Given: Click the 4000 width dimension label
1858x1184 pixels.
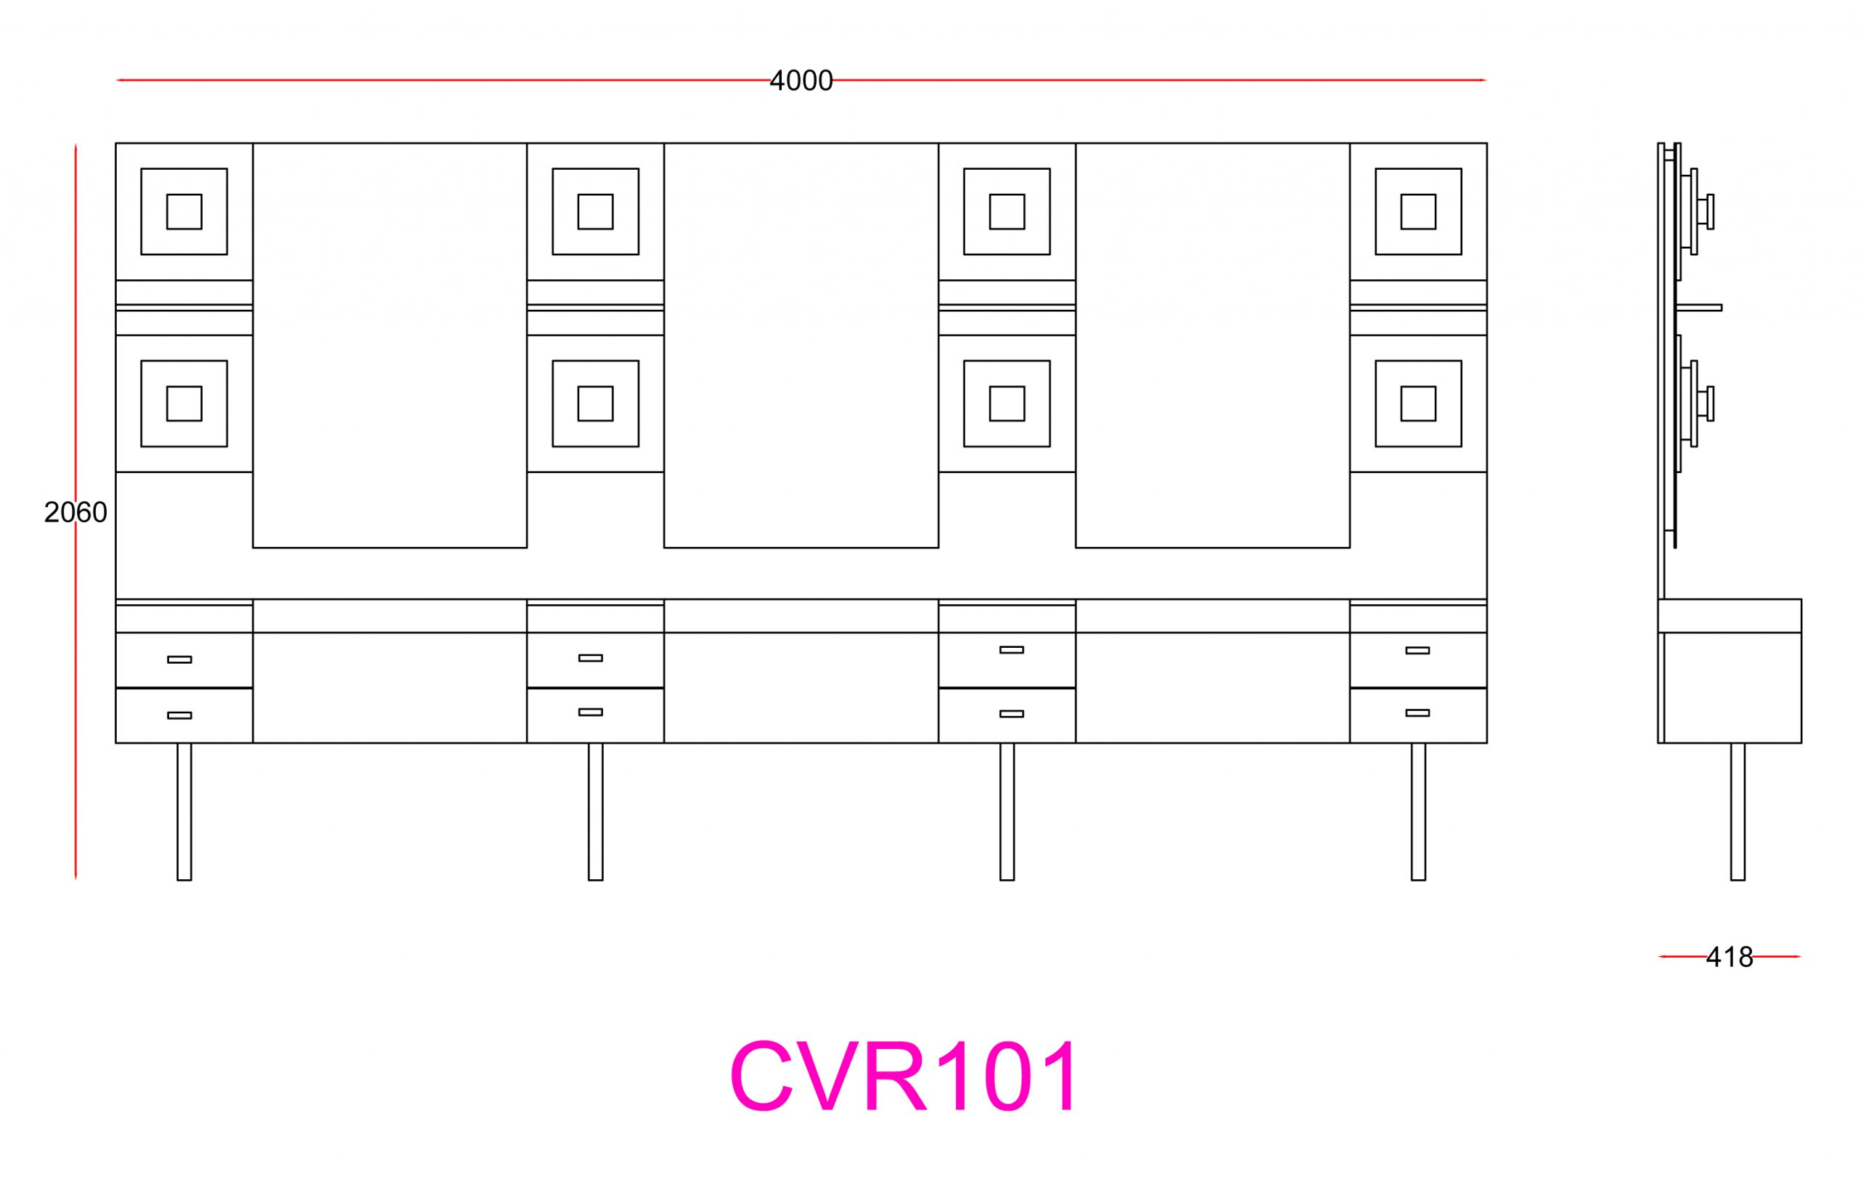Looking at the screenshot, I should point(801,81).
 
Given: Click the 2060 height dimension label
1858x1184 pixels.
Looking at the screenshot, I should point(75,512).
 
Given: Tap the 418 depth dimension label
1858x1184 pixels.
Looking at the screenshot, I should point(1729,957).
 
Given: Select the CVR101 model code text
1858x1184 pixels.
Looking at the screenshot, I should point(904,1077).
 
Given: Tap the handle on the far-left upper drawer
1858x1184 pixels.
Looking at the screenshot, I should point(179,659).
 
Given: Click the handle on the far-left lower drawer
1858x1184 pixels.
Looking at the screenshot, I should point(179,715).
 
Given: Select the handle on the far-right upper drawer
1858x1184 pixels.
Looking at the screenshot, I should point(1417,650).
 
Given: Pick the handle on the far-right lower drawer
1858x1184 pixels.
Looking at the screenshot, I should point(1417,712).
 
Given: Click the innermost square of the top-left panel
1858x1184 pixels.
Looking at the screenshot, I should point(184,211).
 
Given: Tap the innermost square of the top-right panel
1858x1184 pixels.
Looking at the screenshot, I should point(1418,211).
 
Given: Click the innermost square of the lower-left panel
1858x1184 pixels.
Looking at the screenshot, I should point(184,403).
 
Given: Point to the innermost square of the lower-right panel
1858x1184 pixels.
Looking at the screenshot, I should point(1418,403).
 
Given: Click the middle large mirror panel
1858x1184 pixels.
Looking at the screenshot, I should point(801,345).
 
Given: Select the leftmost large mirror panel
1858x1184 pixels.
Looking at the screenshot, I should point(390,345).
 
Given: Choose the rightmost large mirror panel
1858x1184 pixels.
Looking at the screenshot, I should point(1212,345).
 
